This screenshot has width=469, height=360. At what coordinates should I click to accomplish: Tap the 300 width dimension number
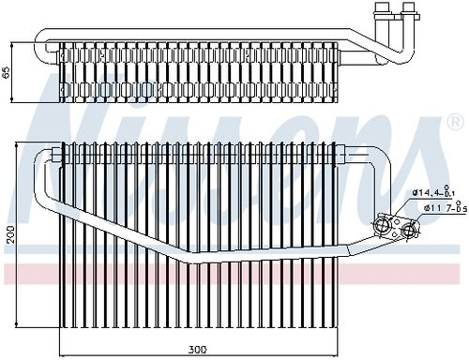click(x=195, y=350)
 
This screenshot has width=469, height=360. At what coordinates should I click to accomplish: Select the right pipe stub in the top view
click(x=409, y=14)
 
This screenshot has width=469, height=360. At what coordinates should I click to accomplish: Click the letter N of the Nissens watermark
click(x=66, y=122)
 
